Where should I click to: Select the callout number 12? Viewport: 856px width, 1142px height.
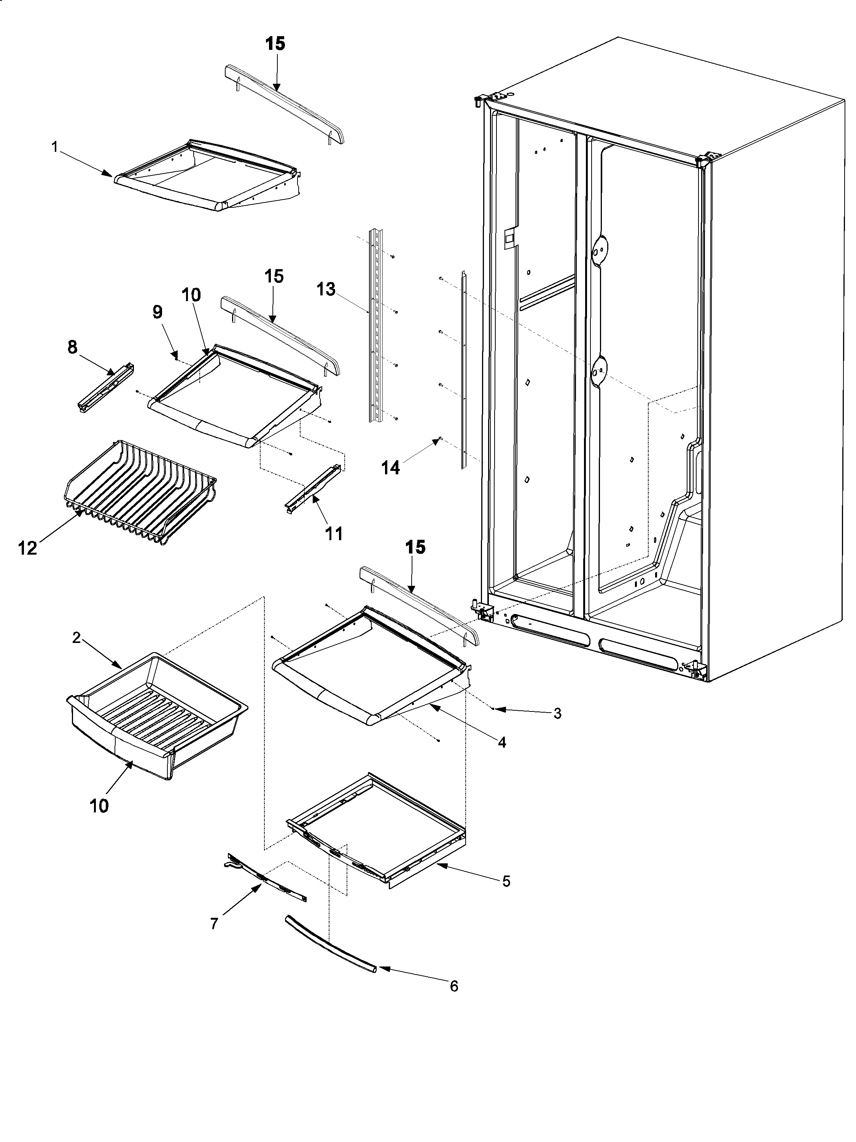pyautogui.click(x=28, y=548)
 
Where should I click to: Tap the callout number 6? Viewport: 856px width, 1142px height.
pyautogui.click(x=453, y=986)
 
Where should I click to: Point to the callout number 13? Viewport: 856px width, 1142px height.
pyautogui.click(x=326, y=290)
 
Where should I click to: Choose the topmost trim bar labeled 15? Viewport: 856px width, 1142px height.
pyautogui.click(x=284, y=106)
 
